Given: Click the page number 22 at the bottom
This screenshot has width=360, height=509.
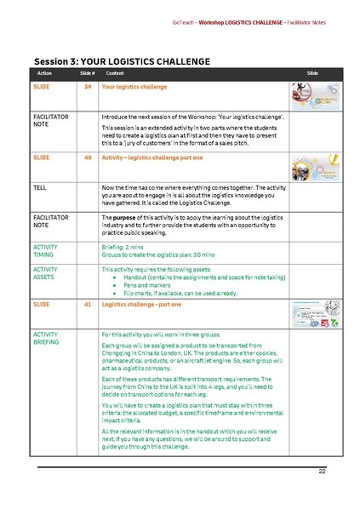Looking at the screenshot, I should pyautogui.click(x=323, y=471).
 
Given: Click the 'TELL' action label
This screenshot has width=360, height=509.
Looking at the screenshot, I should pyautogui.click(x=40, y=186).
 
